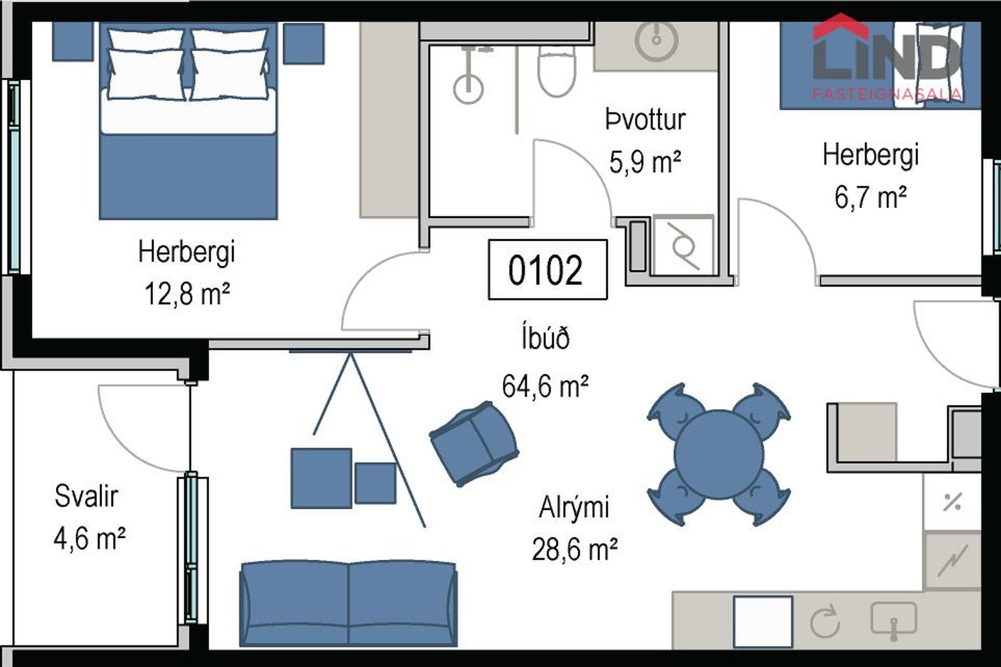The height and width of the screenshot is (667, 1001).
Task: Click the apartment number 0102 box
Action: (547, 270)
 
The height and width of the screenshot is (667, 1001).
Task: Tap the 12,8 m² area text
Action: (187, 294)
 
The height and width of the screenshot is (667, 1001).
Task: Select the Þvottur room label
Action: (645, 120)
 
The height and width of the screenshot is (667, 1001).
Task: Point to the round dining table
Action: (718, 454)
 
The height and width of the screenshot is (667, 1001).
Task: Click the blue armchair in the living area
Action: (473, 443)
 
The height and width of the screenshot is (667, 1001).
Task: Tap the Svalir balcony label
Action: (87, 496)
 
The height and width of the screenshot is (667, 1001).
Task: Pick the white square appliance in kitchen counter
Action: (763, 621)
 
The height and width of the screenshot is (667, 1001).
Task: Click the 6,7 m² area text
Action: (870, 197)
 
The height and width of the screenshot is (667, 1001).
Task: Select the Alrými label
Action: (573, 507)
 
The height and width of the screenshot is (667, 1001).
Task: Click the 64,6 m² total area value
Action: (545, 387)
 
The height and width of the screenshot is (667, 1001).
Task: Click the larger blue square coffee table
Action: (321, 478)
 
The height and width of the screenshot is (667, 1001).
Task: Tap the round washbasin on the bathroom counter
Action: (656, 40)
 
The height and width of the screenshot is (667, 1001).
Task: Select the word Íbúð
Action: (545, 338)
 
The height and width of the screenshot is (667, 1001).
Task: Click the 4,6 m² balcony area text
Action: (90, 538)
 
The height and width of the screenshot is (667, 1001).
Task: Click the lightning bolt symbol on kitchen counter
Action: (952, 561)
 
